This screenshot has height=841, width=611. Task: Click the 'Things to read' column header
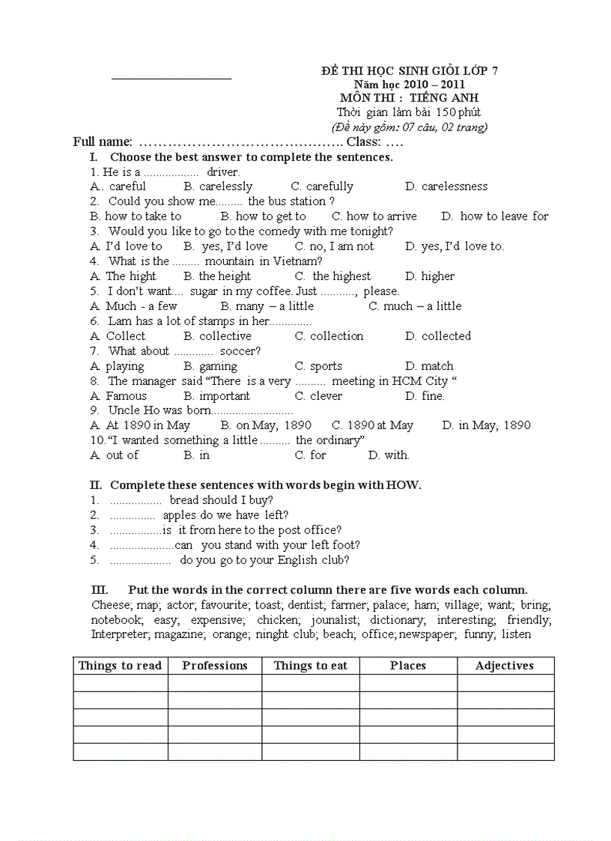point(120,666)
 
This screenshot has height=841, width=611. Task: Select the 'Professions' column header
point(215,666)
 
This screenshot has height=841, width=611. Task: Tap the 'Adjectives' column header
point(505,666)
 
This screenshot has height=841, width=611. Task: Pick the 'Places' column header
point(408,666)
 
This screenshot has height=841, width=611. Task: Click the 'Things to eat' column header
point(311,666)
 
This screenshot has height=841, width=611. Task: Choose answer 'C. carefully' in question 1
point(322,186)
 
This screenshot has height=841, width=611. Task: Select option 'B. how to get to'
point(263,216)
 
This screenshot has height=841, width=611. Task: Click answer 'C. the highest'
point(332,276)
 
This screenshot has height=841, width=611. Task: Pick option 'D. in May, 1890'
point(486,425)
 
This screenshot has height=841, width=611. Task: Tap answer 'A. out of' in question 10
point(114,455)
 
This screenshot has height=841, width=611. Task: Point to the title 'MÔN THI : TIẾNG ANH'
point(410,98)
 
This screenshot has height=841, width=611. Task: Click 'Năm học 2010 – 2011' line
point(410,85)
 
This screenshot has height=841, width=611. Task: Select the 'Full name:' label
point(103,142)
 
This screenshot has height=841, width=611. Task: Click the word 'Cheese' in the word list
point(111,605)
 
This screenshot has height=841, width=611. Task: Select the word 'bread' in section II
point(185,500)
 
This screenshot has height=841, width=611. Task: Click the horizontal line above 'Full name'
point(171,78)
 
